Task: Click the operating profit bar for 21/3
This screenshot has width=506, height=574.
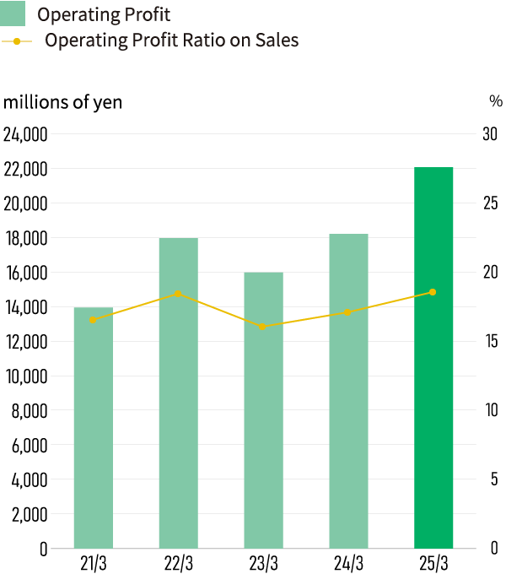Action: pyautogui.click(x=94, y=428)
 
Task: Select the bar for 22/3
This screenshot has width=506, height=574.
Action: pyautogui.click(x=179, y=393)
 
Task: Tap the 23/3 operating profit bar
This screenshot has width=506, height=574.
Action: pyautogui.click(x=264, y=410)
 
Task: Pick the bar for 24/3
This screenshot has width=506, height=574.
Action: pyautogui.click(x=349, y=391)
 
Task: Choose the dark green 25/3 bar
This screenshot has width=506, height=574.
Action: pyautogui.click(x=433, y=358)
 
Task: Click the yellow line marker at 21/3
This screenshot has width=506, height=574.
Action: pyautogui.click(x=93, y=320)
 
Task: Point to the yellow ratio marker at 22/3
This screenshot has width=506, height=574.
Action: pyautogui.click(x=178, y=294)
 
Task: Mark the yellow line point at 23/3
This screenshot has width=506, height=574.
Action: pyautogui.click(x=263, y=327)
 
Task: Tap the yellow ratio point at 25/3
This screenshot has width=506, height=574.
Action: pyautogui.click(x=433, y=292)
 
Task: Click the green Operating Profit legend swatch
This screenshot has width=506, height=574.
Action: pyautogui.click(x=14, y=14)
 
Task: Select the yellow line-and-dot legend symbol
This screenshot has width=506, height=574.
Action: pyautogui.click(x=17, y=41)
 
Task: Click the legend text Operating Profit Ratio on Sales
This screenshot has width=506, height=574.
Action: pyautogui.click(x=171, y=40)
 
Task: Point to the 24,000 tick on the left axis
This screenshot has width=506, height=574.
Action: pyautogui.click(x=25, y=134)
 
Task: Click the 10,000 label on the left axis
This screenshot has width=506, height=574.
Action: pyautogui.click(x=25, y=376)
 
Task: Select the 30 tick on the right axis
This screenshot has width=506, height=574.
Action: pyautogui.click(x=490, y=134)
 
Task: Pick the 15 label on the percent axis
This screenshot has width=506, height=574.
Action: pyautogui.click(x=490, y=342)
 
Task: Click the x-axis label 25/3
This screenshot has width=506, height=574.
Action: pyautogui.click(x=433, y=563)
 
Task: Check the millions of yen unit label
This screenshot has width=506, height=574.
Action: pyautogui.click(x=63, y=102)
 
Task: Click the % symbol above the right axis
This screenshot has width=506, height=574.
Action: pyautogui.click(x=495, y=101)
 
